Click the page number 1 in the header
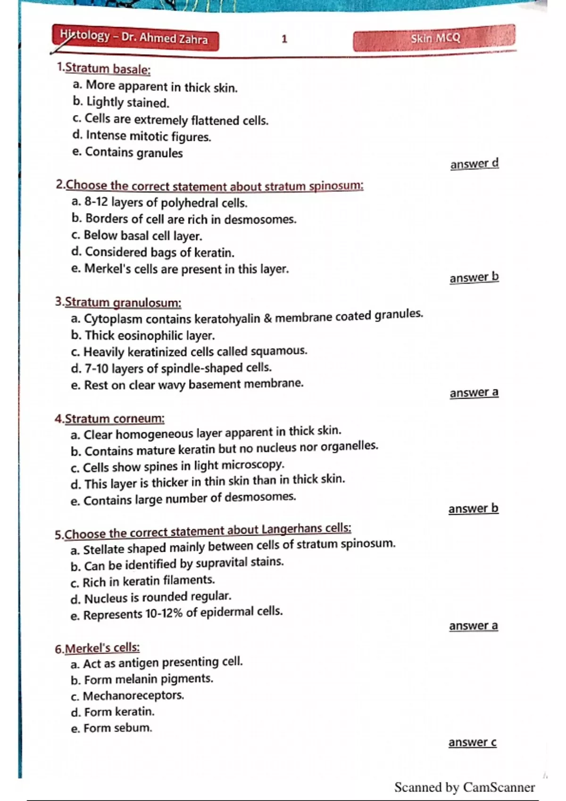click(284, 39)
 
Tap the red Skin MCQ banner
click(434, 38)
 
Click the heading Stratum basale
click(108, 69)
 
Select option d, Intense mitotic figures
click(141, 136)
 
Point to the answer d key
click(474, 163)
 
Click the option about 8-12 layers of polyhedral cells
click(159, 203)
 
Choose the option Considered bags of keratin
click(153, 253)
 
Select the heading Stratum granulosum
click(123, 302)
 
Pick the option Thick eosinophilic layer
click(142, 335)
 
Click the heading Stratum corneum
click(114, 418)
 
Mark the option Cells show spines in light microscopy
click(177, 466)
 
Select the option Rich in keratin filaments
click(142, 581)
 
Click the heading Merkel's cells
click(102, 648)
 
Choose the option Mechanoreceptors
click(127, 695)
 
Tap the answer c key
click(472, 742)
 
